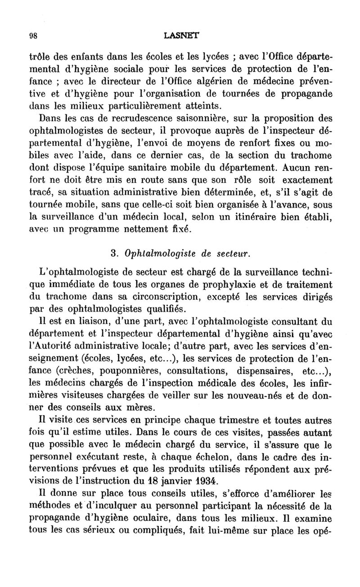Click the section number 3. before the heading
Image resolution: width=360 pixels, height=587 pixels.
(x=114, y=254)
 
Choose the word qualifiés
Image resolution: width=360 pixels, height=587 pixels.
(x=157, y=309)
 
